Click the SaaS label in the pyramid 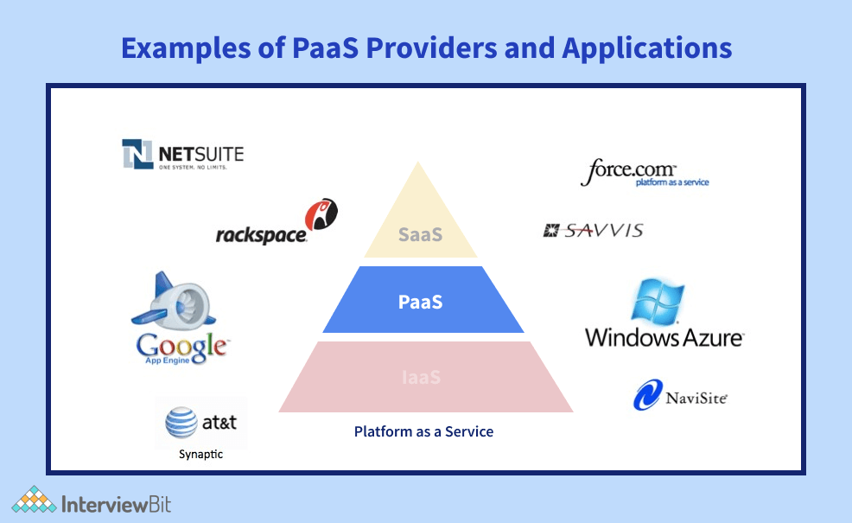(x=420, y=234)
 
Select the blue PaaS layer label (x=421, y=302)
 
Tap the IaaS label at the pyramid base (x=421, y=377)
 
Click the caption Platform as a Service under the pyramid (x=423, y=431)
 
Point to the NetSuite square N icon (x=137, y=154)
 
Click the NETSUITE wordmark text (x=200, y=155)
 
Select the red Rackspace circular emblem (x=321, y=214)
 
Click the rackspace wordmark (x=261, y=234)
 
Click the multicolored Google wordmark (x=182, y=346)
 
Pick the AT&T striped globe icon (x=182, y=424)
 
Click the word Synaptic (x=200, y=454)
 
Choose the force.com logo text (x=628, y=170)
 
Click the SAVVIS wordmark (x=604, y=230)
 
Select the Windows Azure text (x=664, y=336)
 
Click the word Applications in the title (x=646, y=48)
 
